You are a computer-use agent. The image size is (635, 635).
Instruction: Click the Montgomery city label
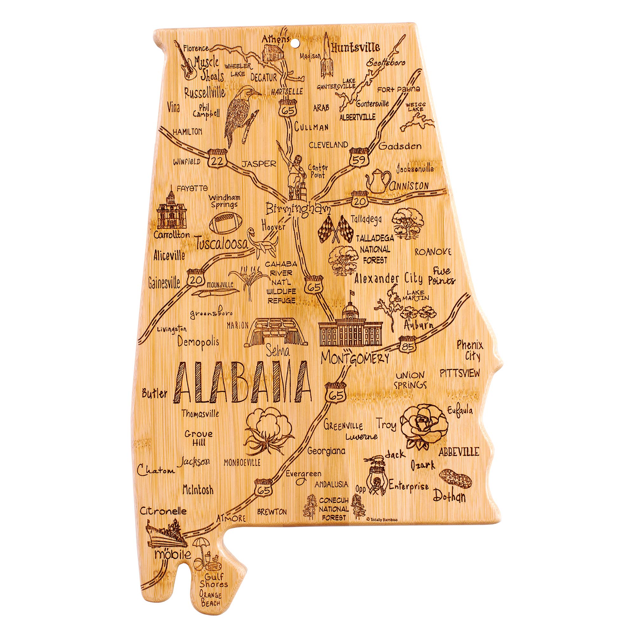click(354, 358)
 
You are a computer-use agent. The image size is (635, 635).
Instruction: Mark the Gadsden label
click(400, 146)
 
